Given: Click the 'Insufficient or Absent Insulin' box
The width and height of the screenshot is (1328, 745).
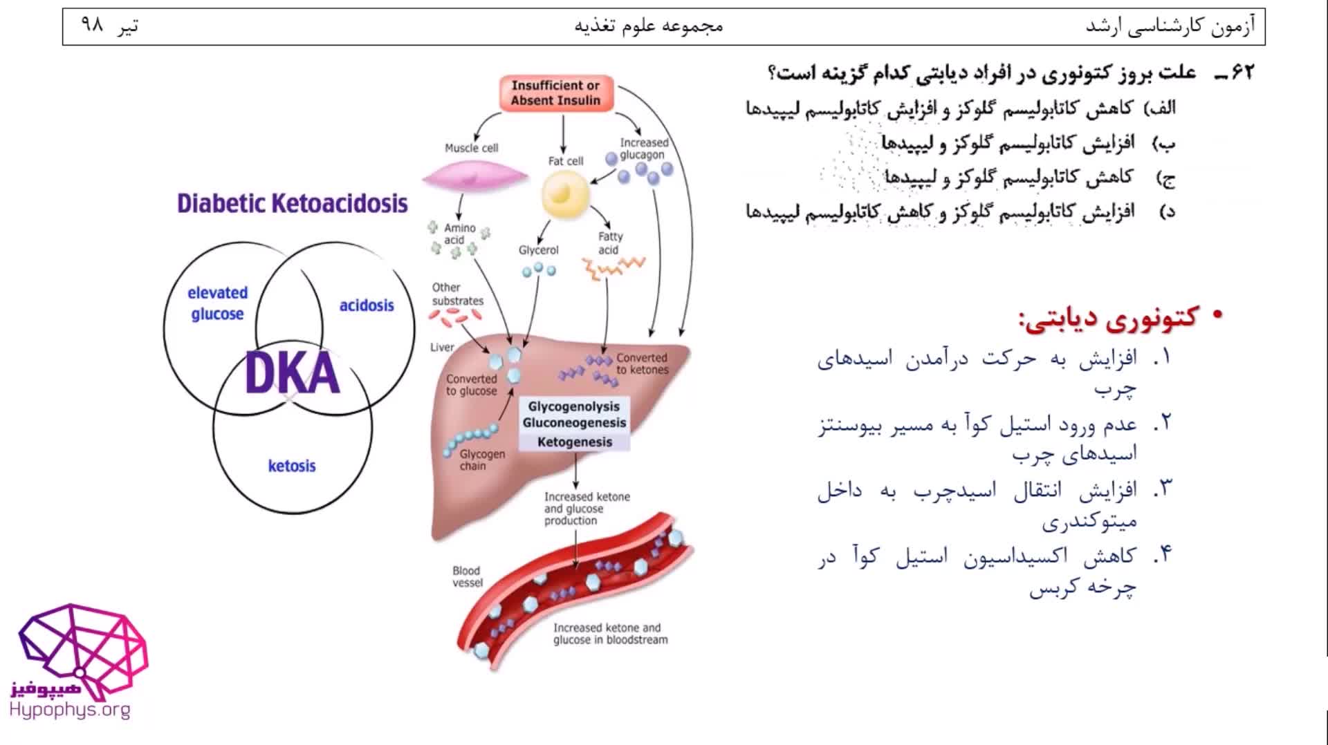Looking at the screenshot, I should click(x=555, y=93).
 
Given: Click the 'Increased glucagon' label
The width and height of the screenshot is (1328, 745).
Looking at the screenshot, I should click(x=643, y=149).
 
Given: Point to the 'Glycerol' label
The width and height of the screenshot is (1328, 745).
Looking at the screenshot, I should click(x=538, y=250).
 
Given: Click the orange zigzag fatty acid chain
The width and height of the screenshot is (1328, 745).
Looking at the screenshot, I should click(x=614, y=267).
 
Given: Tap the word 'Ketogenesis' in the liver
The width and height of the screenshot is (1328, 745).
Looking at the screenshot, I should click(x=575, y=442).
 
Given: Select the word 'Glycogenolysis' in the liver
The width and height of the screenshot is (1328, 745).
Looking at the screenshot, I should click(x=574, y=406).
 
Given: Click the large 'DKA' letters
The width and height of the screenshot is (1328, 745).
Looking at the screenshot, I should click(x=293, y=374).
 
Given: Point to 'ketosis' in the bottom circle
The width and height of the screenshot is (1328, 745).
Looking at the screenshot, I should click(x=292, y=466).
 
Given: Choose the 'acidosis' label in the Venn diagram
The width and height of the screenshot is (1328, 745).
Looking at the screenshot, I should click(x=366, y=305).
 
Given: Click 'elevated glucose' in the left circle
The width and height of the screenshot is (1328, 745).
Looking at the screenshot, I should click(x=217, y=303).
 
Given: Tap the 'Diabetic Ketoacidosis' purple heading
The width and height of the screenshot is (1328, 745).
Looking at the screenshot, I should click(x=293, y=203).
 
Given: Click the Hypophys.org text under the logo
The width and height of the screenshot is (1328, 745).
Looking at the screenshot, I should click(x=70, y=710).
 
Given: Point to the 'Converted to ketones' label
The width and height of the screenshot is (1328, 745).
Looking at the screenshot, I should click(x=642, y=364).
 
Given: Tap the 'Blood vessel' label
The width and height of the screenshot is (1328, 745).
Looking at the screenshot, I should click(x=468, y=576).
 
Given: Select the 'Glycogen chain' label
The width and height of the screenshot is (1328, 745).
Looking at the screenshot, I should click(x=482, y=460).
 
